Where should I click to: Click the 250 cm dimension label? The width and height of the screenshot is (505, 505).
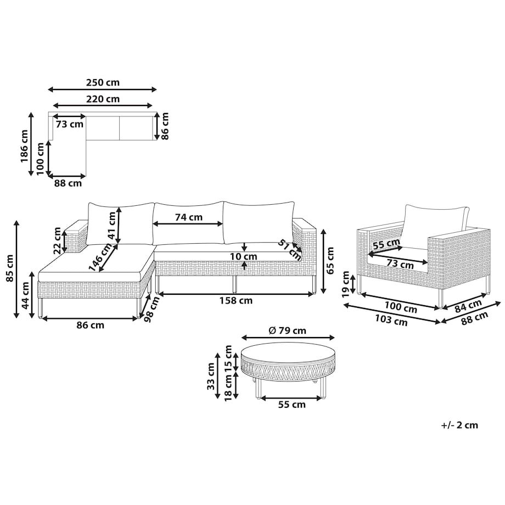pos(103,82)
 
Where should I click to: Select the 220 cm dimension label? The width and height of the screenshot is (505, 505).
pos(103,99)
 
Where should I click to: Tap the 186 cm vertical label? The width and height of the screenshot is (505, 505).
pos(25,146)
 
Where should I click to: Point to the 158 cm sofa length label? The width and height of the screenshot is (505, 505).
pos(236,300)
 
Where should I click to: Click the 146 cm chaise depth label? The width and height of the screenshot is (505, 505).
pos(100,257)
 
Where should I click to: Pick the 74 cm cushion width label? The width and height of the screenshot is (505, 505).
pos(189,217)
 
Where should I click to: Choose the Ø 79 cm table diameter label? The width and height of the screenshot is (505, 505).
pos(287,330)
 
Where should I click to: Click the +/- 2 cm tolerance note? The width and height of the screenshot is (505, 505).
pos(459,425)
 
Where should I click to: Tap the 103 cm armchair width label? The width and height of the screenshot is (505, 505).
pos(391,320)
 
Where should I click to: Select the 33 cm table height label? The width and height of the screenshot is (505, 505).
pos(211,376)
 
